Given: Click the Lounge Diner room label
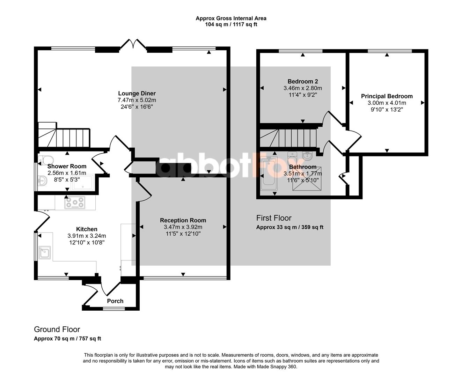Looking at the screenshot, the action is coord(137,94).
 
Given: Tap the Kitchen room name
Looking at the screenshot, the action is coord(87,229).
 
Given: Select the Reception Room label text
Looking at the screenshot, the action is coord(183,220).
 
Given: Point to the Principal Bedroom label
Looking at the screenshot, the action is coord(387,96).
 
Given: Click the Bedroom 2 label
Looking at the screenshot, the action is coord(302,81).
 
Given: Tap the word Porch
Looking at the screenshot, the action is coord(115,301).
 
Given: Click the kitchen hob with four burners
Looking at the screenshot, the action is coord(75,202).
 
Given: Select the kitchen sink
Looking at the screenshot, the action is coord(45,253).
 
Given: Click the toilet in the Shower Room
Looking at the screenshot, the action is coord(46,160).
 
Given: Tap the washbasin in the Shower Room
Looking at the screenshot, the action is coord(42,180).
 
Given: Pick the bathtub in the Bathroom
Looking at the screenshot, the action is coord(269,173).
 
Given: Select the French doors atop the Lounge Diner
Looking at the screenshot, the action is coord(133,44).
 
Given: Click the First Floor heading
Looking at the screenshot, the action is coord(274,218).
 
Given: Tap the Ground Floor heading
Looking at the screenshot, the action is coord(57,329).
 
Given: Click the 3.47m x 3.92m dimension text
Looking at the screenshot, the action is coord(183,227).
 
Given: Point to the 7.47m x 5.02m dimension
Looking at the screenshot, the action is coord(137,100).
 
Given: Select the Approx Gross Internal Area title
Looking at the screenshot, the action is coord(231,19).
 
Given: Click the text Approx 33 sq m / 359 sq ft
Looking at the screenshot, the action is coord(289,227).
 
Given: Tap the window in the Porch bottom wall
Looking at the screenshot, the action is coord(114,309).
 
